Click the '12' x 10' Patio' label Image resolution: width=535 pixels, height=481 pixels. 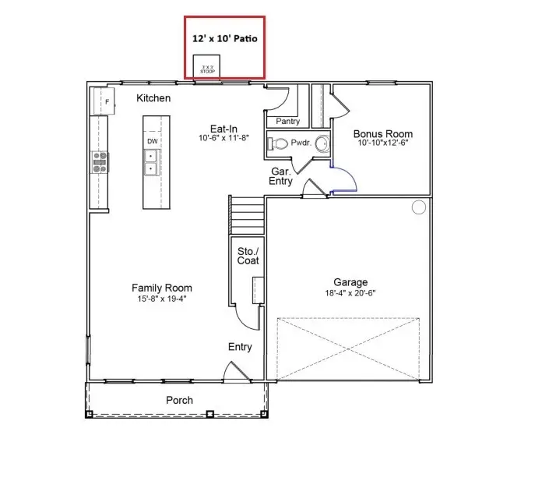[224, 37]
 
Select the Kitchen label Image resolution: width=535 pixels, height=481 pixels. [153, 98]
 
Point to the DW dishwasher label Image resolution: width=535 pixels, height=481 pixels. [153, 141]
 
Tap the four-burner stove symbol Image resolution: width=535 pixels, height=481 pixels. [100, 161]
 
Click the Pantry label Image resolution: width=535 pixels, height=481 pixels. [287, 122]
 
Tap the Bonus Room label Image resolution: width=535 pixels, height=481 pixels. [382, 134]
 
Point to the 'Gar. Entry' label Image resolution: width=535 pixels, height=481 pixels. [281, 175]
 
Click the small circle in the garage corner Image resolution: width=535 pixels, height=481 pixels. [418, 207]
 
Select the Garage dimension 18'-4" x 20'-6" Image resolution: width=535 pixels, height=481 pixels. [350, 293]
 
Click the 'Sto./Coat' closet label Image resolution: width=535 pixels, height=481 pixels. [248, 255]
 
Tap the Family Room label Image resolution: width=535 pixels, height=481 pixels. [161, 288]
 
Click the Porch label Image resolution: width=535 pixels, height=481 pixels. [179, 400]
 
